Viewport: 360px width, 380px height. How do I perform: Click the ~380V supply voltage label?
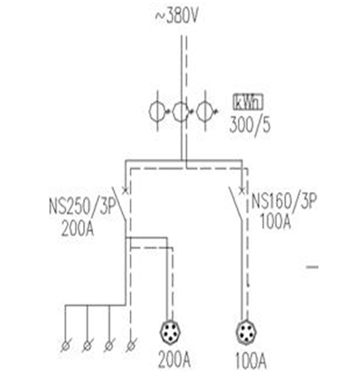(176, 17)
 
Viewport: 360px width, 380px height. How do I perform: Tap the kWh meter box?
(248, 102)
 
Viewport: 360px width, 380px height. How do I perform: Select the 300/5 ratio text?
(249, 125)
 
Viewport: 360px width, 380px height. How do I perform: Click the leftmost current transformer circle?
(157, 111)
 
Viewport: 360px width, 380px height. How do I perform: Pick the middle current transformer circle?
(180, 111)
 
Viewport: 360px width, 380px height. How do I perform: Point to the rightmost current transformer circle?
(205, 111)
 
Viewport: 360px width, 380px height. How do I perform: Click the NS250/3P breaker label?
(82, 207)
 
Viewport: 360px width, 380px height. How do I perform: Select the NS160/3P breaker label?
(284, 200)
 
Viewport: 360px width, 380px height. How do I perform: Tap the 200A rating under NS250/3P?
(77, 229)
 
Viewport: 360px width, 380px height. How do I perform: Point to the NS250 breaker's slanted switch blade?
(119, 204)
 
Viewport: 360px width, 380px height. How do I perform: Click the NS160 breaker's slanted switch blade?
(236, 204)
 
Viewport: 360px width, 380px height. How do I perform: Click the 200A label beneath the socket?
(175, 360)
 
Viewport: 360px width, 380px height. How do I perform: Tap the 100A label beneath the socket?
(251, 361)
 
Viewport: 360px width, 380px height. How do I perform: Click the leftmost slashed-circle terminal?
(66, 346)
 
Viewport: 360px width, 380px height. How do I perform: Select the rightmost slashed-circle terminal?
(131, 346)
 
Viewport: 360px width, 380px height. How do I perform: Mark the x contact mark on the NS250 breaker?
(126, 190)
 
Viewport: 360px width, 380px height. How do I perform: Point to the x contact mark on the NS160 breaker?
(242, 190)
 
